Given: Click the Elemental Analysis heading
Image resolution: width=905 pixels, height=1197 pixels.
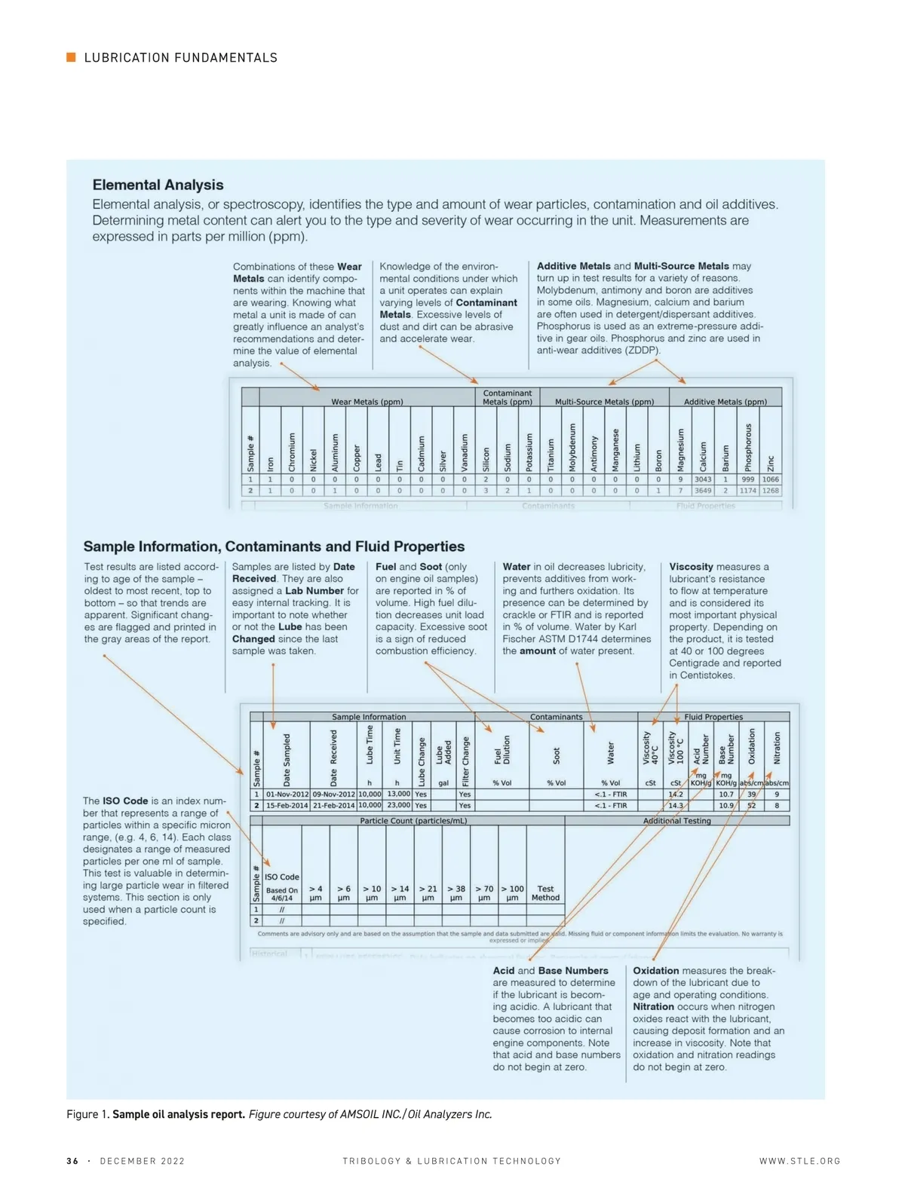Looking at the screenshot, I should click(158, 185).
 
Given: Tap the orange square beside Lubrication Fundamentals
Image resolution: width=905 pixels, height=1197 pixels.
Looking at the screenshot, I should click(71, 57).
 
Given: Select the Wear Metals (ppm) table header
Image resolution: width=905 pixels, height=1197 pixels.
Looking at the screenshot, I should click(367, 402).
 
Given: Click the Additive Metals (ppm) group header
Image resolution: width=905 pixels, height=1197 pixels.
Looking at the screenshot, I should click(725, 402).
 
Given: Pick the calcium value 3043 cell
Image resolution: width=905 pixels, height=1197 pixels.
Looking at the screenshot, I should click(703, 479).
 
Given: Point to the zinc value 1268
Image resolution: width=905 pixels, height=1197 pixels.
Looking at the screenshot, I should click(770, 491).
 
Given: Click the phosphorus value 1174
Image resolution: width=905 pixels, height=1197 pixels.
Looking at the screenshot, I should click(747, 491).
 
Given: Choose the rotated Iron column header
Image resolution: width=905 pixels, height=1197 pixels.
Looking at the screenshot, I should click(270, 464).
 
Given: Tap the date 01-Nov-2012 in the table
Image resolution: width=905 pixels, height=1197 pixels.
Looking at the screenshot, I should click(287, 794).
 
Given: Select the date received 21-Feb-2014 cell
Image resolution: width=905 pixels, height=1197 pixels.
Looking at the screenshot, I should click(333, 806).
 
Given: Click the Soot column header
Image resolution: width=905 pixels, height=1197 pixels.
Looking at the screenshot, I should click(556, 755).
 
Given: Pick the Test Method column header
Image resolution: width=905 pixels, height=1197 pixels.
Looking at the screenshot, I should click(545, 893).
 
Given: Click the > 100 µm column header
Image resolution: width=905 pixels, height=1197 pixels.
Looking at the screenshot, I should click(512, 893).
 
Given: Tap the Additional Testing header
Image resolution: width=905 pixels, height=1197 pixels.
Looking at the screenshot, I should click(676, 821).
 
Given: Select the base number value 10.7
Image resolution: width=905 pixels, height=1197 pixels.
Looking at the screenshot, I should click(726, 794).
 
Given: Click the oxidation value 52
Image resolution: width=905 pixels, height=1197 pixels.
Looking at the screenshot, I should click(751, 806).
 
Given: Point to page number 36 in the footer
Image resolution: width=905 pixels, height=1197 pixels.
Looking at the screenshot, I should click(72, 1162).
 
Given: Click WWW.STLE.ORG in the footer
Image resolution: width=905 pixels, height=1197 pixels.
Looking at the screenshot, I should click(799, 1162).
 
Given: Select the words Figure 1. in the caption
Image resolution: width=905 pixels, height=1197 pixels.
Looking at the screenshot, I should click(88, 1115).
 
